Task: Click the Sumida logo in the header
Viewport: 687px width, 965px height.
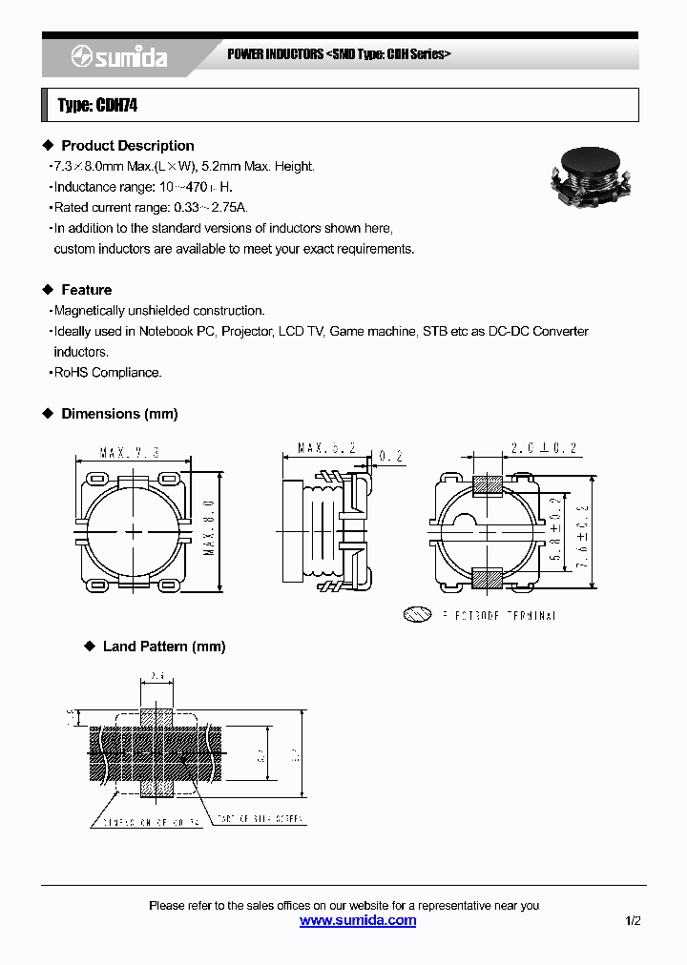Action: [119, 58]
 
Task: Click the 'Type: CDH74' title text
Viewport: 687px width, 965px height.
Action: [97, 106]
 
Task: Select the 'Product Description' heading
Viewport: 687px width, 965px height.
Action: [128, 146]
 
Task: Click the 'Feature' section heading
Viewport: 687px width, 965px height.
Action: [87, 290]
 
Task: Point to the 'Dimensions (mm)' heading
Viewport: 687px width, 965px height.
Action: [119, 414]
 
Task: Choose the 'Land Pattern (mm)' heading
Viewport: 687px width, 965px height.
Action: [164, 647]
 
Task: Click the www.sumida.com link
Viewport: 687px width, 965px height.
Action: [358, 920]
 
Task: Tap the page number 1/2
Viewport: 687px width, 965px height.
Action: [633, 920]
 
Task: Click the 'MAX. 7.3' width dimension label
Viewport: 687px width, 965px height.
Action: [129, 453]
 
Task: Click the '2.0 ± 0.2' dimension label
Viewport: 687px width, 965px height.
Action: [545, 447]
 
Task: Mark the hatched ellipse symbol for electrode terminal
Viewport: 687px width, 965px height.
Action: [417, 615]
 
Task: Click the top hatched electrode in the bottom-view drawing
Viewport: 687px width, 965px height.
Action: [489, 484]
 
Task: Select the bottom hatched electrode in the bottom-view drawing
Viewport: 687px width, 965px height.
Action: [489, 578]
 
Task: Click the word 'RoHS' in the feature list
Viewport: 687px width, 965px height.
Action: [71, 373]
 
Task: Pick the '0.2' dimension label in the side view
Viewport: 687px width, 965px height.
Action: [391, 459]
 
